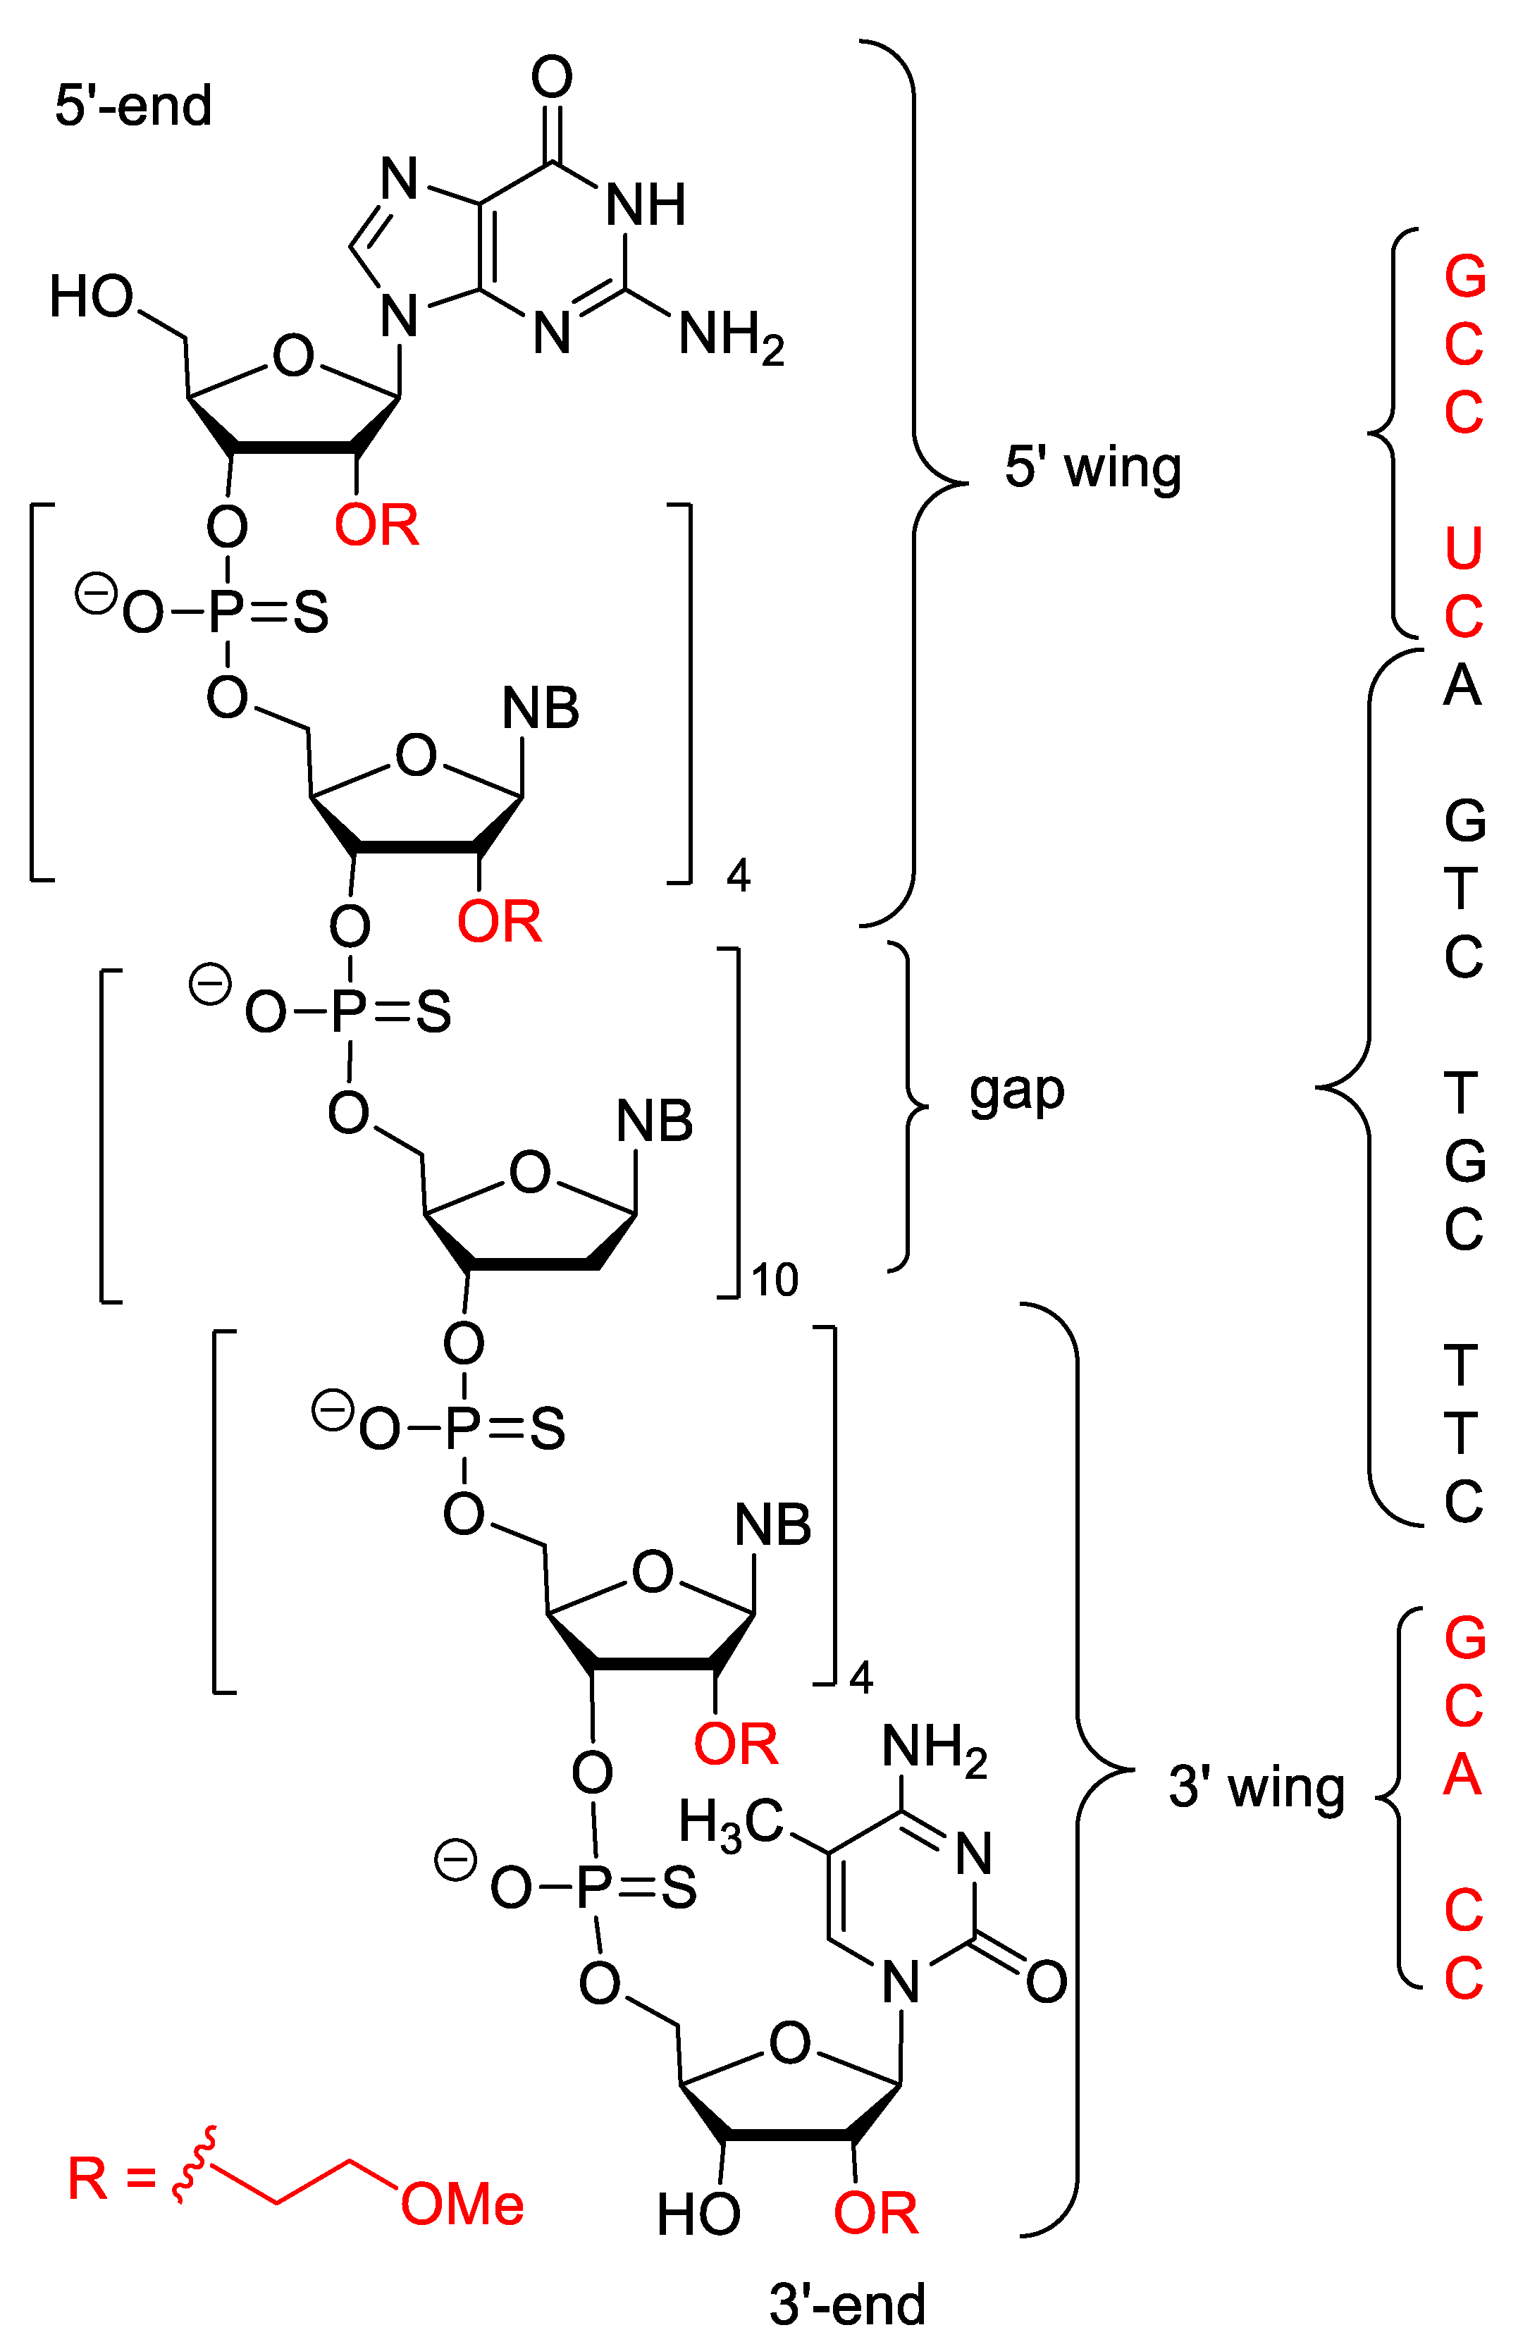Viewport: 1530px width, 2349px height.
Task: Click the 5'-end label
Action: tap(133, 106)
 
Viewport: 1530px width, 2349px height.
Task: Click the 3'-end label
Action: tap(847, 2305)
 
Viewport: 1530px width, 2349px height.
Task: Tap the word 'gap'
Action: tap(1017, 1090)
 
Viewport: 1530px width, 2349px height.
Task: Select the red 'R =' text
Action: tap(111, 2179)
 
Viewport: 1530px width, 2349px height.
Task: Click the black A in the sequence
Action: tap(1462, 684)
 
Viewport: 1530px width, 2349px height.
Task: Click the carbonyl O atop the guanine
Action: tap(552, 76)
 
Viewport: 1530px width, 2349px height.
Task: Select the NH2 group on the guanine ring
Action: tap(730, 335)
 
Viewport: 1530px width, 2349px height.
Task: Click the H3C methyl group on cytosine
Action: tap(730, 1822)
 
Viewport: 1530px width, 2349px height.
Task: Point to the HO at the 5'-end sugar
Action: tap(91, 296)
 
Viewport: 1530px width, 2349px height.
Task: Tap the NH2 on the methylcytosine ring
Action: tap(934, 1748)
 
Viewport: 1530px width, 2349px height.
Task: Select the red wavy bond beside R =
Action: tap(190, 2166)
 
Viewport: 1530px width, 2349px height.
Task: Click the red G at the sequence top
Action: tap(1464, 276)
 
